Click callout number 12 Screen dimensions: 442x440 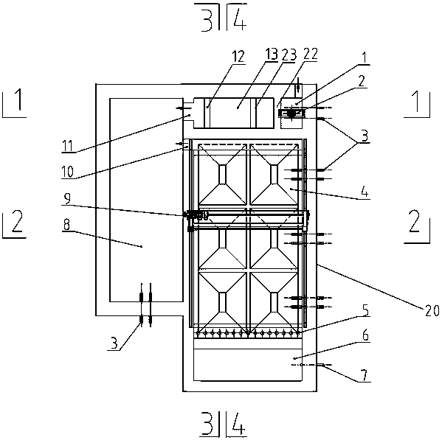[x=238, y=57]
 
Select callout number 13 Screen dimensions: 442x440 [x=272, y=54]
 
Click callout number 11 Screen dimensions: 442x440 [x=67, y=146]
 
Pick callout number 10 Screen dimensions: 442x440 [x=68, y=172]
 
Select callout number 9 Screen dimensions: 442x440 [x=67, y=198]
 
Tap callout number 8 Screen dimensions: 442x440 [x=66, y=225]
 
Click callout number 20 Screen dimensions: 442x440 [x=432, y=310]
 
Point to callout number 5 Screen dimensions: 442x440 [x=365, y=310]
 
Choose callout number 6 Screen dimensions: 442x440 [x=365, y=335]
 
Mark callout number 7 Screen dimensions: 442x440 [x=365, y=376]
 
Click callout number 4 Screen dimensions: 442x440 [x=365, y=192]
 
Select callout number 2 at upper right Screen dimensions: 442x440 [x=362, y=81]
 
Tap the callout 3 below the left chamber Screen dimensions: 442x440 [x=114, y=343]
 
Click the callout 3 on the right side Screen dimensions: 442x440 [x=365, y=136]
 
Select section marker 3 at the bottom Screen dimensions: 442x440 [x=207, y=423]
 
